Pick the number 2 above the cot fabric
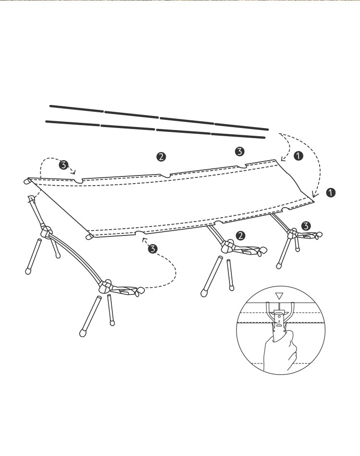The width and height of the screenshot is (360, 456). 161,156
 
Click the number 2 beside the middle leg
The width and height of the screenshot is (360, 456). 241,235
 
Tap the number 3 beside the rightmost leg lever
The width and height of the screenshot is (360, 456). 306,225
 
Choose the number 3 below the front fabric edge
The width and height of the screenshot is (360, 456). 153,249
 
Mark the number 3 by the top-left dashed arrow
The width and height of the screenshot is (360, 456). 63,165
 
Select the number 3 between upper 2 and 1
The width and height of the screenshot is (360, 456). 240,152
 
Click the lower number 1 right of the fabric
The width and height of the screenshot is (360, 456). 330,192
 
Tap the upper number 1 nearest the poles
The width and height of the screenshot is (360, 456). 298,156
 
